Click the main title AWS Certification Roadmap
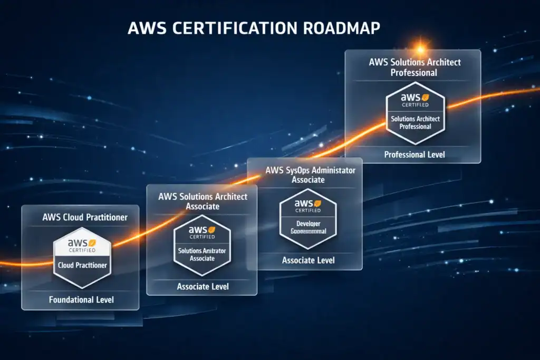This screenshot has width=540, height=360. tap(254, 27)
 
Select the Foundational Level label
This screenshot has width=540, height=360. tap(81, 300)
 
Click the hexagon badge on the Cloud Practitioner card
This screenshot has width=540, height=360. tap(82, 258)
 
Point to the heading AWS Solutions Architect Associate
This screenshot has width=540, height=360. tap(202, 201)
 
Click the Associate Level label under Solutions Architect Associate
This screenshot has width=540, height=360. tap(202, 286)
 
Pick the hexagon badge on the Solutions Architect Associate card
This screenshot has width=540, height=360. tap(202, 245)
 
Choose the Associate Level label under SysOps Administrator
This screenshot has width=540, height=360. tap(308, 260)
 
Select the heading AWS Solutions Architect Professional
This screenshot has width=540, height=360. tap(415, 67)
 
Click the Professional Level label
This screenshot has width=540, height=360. tap(414, 154)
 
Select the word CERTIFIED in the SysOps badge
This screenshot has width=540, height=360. tap(308, 211)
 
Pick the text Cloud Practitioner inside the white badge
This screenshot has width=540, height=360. tap(82, 265)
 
